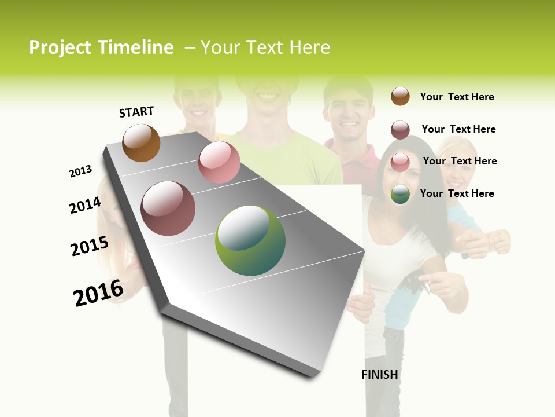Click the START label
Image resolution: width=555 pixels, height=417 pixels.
136,112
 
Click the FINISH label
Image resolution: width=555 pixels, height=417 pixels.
380,375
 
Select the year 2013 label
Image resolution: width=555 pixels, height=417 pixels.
80,171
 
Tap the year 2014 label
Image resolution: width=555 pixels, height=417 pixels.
85,206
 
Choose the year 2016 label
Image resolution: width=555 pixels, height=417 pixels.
98,292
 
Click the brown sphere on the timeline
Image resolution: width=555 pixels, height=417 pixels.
141,143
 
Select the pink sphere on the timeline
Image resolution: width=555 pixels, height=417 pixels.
219,162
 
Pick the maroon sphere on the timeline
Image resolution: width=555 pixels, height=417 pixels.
168,209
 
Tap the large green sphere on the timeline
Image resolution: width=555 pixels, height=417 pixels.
250,240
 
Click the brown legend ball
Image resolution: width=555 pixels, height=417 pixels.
400,96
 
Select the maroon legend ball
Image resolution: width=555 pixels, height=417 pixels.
400,130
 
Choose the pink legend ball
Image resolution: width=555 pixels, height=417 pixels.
400,162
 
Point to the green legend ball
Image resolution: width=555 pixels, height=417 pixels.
400,195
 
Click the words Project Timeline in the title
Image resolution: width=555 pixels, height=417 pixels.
101,47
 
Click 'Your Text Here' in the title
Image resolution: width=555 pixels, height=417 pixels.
265,47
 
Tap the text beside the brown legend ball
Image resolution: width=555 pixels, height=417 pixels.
457,97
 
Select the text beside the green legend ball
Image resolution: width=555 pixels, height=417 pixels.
457,193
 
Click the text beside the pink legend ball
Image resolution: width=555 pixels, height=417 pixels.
460,161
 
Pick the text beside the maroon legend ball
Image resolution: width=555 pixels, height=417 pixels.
458,129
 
